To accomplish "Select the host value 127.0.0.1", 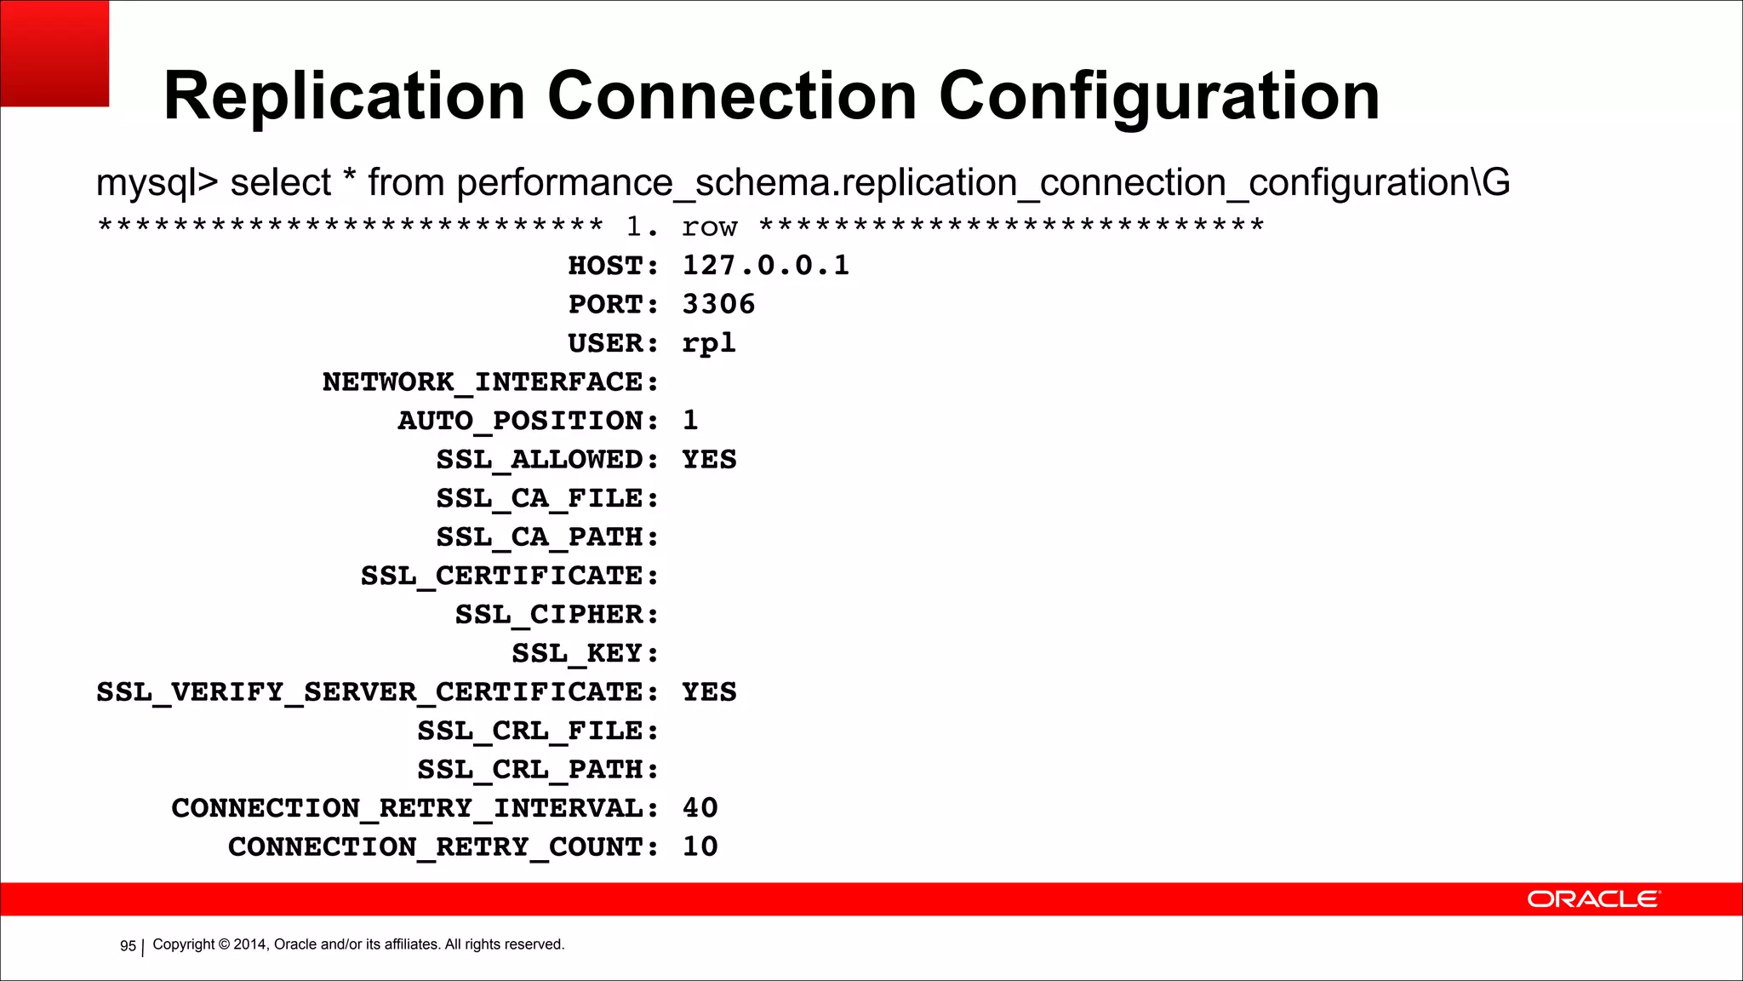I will [x=765, y=266].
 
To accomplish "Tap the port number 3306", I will [x=718, y=304].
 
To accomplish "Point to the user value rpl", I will [x=708, y=343].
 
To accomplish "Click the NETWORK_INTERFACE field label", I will [x=490, y=382].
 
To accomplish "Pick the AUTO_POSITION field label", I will [x=528, y=421].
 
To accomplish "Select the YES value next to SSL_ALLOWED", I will [x=709, y=460].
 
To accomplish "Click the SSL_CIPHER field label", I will [x=557, y=615].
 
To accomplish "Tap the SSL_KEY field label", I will [x=585, y=653].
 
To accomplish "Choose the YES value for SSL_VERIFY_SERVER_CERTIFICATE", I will [x=709, y=692].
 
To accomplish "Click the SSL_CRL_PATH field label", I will [x=538, y=770].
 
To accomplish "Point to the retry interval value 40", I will [x=700, y=808].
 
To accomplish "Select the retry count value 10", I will [x=700, y=846].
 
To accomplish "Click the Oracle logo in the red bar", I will [x=1592, y=899].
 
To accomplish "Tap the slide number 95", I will [x=128, y=946].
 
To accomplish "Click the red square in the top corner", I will [x=54, y=53].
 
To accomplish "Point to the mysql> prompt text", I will [x=157, y=183].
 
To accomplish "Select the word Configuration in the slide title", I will [x=1158, y=96].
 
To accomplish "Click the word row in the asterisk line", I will [x=709, y=227].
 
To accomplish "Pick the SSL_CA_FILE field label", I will [x=547, y=498].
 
